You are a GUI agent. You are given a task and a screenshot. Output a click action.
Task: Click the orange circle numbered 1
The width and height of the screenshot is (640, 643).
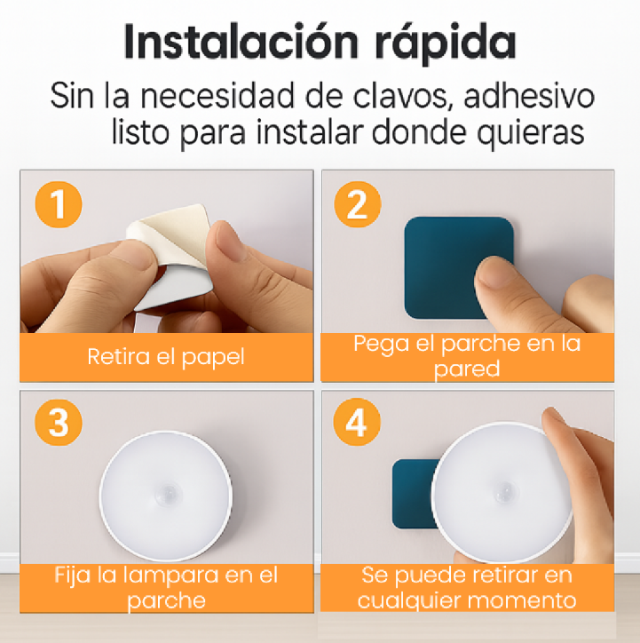[59, 204]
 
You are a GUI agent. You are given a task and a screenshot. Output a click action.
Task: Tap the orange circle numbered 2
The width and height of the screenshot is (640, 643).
[358, 204]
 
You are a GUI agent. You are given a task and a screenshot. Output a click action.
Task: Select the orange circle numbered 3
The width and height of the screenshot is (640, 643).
[59, 423]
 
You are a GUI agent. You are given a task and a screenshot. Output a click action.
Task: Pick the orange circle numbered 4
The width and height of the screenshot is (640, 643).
[357, 423]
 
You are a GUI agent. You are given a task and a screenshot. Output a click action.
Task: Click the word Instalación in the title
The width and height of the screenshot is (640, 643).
[241, 42]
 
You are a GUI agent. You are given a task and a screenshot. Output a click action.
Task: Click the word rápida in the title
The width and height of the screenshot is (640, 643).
[445, 44]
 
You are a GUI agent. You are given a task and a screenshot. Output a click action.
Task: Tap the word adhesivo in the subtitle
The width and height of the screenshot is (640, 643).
[529, 96]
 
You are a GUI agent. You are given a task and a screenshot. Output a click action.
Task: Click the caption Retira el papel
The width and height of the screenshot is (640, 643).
[166, 357]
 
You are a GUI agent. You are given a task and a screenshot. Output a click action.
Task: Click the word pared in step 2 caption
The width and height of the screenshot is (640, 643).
[467, 369]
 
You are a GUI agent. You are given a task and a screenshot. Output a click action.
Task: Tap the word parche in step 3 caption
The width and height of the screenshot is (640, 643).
[166, 601]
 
